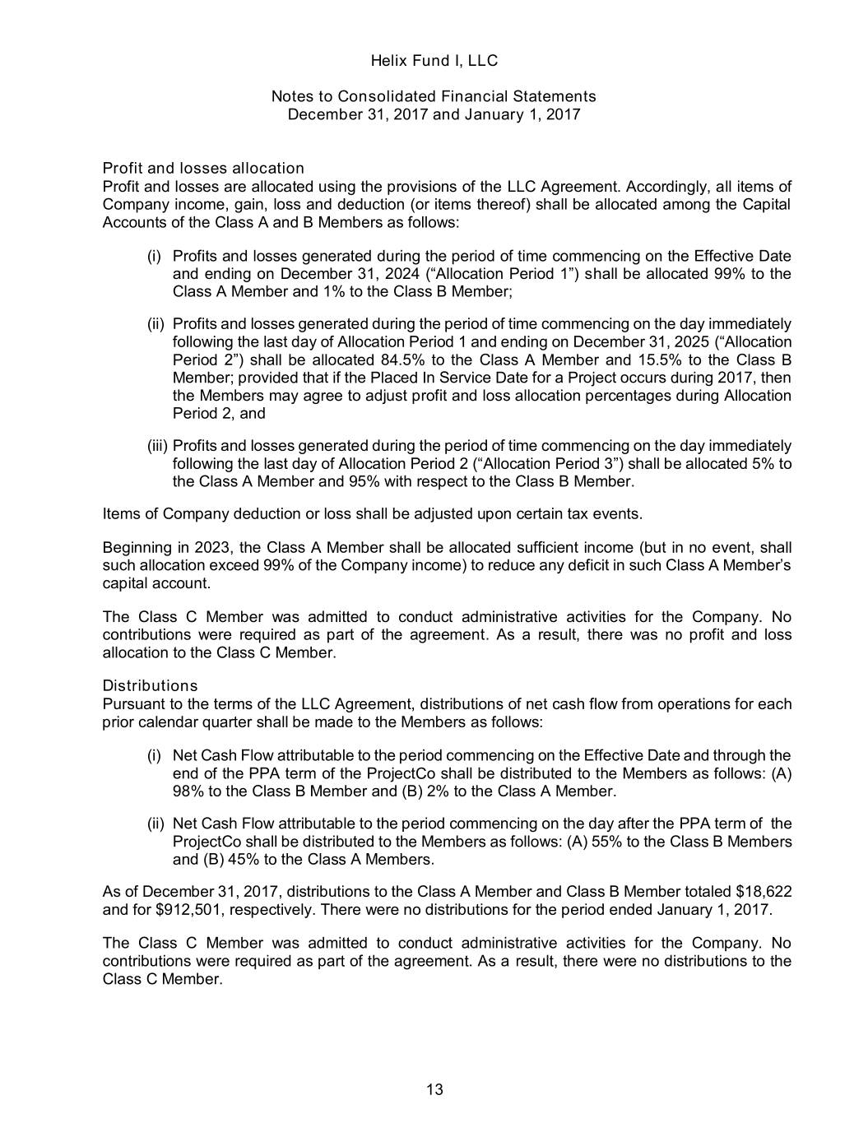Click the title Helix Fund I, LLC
click(x=434, y=61)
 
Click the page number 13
click(x=434, y=1090)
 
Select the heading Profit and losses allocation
click(x=203, y=169)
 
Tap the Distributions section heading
click(x=150, y=686)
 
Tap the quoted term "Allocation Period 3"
click(x=549, y=464)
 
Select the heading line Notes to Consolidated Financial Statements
click(x=434, y=96)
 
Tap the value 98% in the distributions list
click(x=188, y=791)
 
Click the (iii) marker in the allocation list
click(x=157, y=446)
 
